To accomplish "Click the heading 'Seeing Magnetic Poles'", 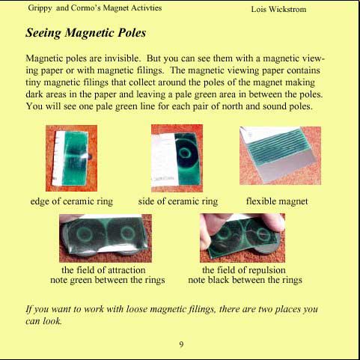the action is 86,33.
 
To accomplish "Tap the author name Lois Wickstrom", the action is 278,9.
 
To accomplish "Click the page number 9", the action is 181,344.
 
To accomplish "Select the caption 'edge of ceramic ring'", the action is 72,201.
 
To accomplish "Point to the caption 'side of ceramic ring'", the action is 178,201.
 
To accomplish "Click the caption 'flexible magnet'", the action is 277,201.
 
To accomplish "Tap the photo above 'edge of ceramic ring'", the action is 71,158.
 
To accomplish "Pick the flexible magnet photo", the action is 280,156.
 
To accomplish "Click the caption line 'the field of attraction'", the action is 103,270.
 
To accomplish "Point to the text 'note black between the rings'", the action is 245,280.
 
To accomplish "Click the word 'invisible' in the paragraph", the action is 121,58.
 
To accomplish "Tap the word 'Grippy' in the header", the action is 40,8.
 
